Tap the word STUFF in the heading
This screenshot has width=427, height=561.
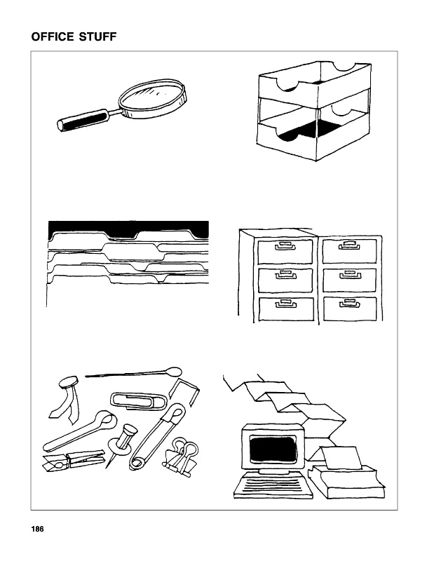[95, 36]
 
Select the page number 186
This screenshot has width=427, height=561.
[38, 529]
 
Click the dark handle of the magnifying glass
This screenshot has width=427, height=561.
[83, 120]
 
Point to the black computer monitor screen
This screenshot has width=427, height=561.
[273, 449]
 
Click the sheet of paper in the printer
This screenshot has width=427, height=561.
[341, 457]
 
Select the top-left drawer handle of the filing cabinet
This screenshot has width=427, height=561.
[284, 246]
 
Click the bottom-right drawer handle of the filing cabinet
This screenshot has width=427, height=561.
[349, 304]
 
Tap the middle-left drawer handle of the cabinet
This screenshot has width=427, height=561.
[285, 275]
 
